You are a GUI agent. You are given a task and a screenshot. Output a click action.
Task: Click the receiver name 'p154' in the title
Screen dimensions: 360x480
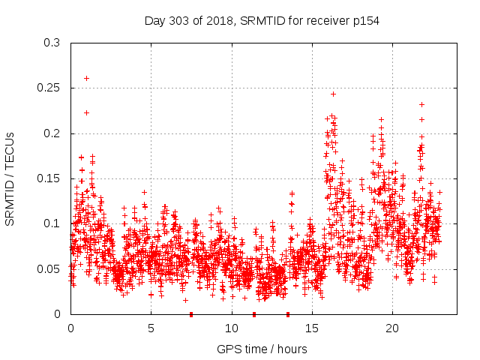pos(366,21)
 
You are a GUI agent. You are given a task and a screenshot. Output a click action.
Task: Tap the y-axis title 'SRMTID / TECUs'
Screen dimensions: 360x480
pos(10,178)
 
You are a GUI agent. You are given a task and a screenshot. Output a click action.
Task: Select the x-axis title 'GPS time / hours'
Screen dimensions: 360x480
pos(262,349)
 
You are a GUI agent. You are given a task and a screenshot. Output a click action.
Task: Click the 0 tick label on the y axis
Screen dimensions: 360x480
pos(58,314)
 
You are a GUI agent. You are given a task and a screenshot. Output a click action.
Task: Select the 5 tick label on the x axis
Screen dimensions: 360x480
pos(151,328)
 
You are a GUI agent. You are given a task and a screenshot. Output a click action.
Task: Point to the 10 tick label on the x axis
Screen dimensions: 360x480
pos(231,328)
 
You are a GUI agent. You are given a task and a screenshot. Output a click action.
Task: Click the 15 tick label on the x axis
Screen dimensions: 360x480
pos(311,328)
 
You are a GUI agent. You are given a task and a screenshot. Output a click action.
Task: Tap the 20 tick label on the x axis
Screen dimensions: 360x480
pos(391,328)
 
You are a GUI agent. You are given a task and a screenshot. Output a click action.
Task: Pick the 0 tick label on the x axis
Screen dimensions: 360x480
pos(70,328)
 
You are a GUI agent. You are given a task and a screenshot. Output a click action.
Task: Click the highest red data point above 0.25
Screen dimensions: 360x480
pos(87,78)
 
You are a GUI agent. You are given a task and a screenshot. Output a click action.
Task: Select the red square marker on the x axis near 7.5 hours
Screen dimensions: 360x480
pos(191,314)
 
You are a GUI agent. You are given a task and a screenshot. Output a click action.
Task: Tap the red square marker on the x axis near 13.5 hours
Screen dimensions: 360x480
pos(288,314)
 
